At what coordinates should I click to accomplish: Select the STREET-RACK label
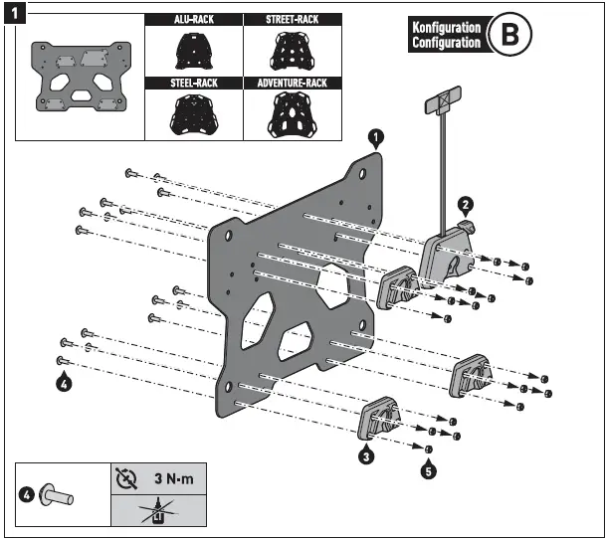tap(292, 19)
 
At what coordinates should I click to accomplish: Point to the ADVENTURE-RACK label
tap(292, 84)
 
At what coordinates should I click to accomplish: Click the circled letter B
tap(511, 36)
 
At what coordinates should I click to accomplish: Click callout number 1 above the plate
tap(375, 135)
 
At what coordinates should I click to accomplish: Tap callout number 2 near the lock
tap(463, 205)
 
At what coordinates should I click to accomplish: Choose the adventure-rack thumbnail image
tap(292, 115)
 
